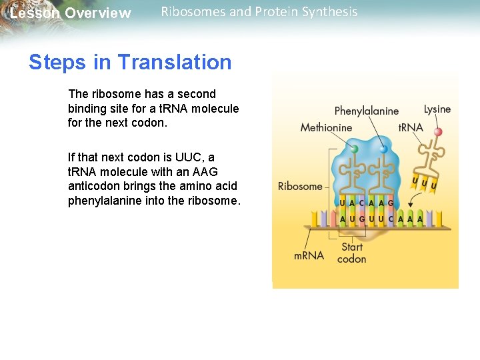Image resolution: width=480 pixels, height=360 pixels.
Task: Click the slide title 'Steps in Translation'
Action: click(x=130, y=63)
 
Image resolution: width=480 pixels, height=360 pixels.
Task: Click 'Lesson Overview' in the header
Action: click(x=70, y=13)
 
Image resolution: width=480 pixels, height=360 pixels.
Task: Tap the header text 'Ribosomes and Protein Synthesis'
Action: click(x=259, y=12)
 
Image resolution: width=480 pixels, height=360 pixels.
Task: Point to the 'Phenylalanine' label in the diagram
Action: click(x=366, y=111)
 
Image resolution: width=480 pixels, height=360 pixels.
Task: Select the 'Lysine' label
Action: click(x=437, y=109)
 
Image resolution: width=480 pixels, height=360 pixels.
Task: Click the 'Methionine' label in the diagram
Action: click(x=326, y=127)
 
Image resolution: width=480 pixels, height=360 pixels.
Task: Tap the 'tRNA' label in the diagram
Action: click(x=411, y=127)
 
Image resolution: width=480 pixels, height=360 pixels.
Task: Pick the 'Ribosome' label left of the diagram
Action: click(x=299, y=186)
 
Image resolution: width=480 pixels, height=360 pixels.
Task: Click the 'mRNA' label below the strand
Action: click(x=309, y=255)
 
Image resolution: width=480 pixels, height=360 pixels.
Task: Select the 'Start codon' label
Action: click(x=351, y=253)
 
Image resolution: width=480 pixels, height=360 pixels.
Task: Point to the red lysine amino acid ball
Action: click(x=438, y=132)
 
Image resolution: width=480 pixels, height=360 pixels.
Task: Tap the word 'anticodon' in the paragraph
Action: click(x=91, y=187)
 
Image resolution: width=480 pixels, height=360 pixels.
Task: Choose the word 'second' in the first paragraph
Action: click(x=197, y=94)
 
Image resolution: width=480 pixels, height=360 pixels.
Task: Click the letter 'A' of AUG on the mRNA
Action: click(x=343, y=219)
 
